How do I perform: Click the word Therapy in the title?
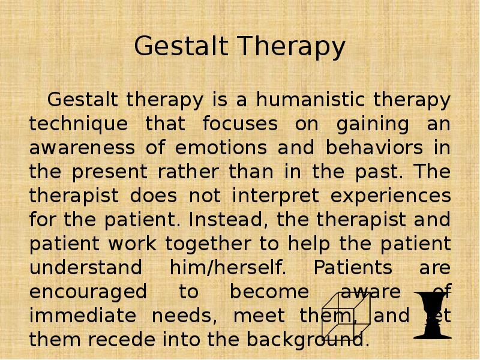coord(292,47)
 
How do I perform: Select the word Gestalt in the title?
coord(181,46)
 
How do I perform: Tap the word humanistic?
coord(310,100)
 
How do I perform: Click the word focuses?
coord(241,124)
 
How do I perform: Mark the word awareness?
coord(82,148)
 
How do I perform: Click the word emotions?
coord(221,148)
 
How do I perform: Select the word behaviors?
coord(374,147)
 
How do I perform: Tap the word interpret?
coord(275,196)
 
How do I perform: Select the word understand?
coord(86,267)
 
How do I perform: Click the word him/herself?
coord(228,267)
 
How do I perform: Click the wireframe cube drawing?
coord(346,315)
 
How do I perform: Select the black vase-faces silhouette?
coord(432,316)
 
